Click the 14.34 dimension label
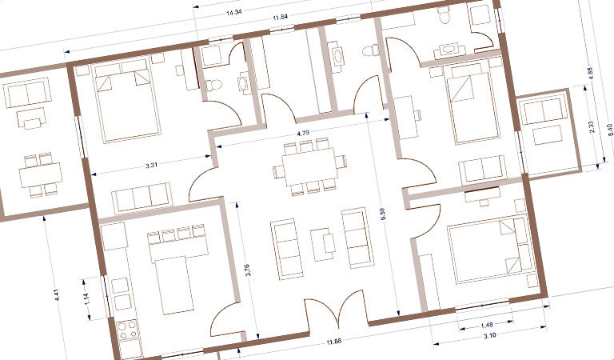tap(233, 12)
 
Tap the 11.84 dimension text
tap(281, 17)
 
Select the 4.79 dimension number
tap(303, 133)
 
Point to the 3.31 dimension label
tap(151, 165)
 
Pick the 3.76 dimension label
tap(247, 270)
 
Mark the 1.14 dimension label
tap(87, 299)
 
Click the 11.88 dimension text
tap(333, 341)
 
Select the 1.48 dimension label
tap(486, 325)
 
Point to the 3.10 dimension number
tap(489, 335)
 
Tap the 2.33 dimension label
tap(592, 126)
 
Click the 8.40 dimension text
tap(609, 130)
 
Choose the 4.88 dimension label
tap(591, 74)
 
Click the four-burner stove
tap(127, 330)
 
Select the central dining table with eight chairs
tap(309, 166)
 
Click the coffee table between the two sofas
tap(323, 244)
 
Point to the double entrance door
tap(337, 309)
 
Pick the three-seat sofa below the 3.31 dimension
tap(142, 198)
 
